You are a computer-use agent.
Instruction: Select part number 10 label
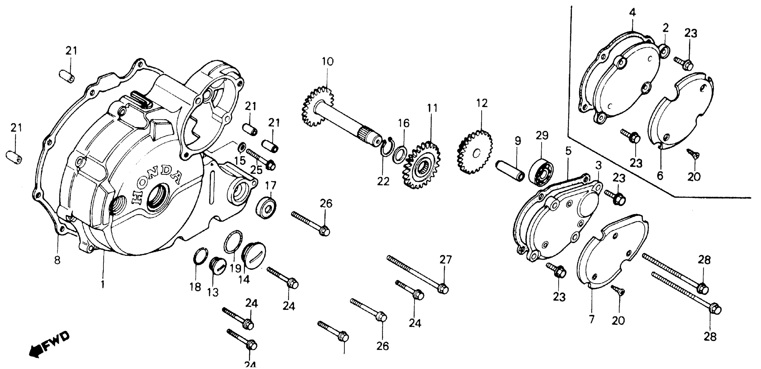click(327, 62)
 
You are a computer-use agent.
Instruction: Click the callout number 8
click(57, 260)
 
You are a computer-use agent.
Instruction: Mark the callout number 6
click(660, 176)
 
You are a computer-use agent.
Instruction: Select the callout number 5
click(568, 151)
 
